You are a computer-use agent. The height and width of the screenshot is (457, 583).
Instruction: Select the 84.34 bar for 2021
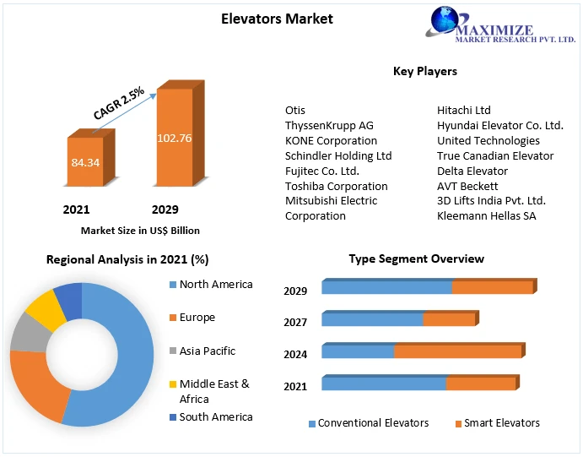point(84,161)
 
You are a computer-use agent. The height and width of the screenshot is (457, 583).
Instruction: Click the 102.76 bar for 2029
point(174,137)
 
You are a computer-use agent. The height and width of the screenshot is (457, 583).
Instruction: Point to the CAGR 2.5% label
point(119,102)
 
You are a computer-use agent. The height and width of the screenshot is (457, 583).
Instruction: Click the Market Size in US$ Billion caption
point(140,230)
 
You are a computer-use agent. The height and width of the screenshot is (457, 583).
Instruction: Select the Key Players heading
point(424,71)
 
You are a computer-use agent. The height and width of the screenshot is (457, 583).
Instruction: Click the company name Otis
point(295,111)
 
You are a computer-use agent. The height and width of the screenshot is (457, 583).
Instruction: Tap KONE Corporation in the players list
point(331,140)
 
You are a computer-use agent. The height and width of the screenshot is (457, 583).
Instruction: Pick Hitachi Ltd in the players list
point(463,111)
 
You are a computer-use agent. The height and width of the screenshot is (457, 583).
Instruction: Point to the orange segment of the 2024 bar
point(457,351)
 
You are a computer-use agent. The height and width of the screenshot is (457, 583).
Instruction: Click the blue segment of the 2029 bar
point(386,288)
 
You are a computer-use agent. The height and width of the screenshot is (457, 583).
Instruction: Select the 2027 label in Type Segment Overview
point(295,322)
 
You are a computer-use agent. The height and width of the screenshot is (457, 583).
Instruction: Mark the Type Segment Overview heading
point(417,258)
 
